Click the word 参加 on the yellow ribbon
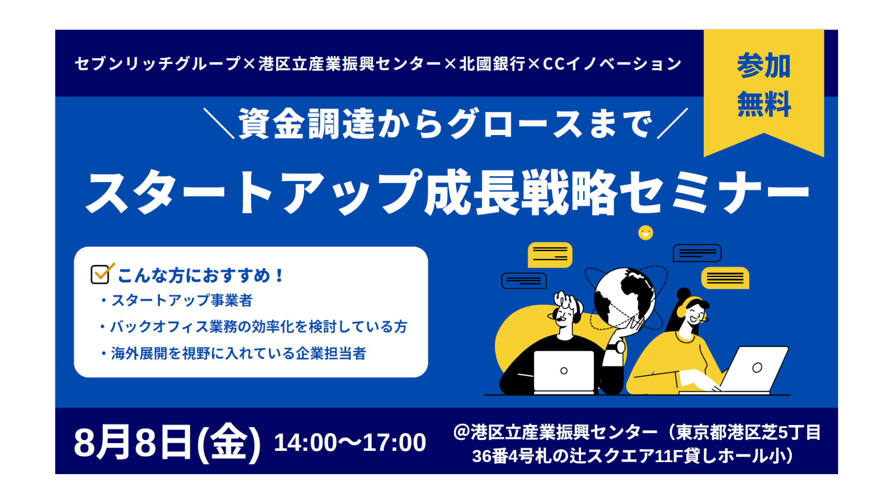[x=764, y=66]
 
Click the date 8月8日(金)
[x=167, y=442]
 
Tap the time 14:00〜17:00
[x=350, y=442]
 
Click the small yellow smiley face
[x=646, y=232]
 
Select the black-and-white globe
[x=625, y=297]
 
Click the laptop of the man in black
[x=564, y=371]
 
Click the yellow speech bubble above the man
[x=550, y=255]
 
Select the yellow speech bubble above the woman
[x=725, y=278]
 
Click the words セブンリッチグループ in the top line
[x=158, y=64]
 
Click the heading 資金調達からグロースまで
[x=446, y=124]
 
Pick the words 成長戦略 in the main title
[x=520, y=192]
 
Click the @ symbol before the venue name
[x=462, y=432]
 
